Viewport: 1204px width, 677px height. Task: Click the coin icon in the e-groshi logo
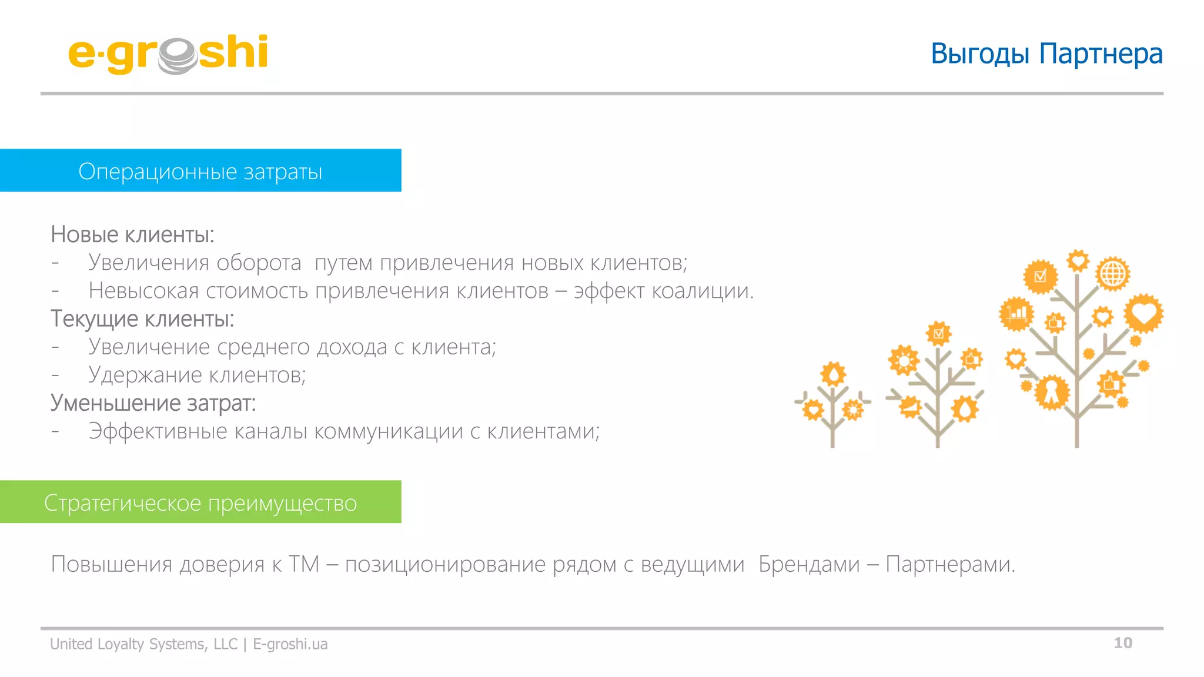pos(177,56)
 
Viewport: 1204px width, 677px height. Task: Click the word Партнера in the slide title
pos(1101,54)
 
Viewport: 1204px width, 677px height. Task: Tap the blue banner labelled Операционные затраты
pos(200,170)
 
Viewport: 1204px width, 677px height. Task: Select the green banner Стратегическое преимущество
pos(200,502)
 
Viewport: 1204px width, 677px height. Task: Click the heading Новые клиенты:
pos(132,234)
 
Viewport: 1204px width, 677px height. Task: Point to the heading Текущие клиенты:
pos(142,319)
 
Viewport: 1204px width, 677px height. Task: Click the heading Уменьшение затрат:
pos(153,403)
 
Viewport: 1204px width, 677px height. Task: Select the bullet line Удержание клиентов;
pos(197,375)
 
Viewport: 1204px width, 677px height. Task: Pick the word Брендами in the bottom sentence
pos(809,564)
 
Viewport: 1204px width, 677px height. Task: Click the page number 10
pos(1123,643)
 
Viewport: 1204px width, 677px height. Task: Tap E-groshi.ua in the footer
pos(290,644)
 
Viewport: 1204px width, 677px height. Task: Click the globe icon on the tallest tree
pos(1112,274)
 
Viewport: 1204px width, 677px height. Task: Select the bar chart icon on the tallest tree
pos(1016,313)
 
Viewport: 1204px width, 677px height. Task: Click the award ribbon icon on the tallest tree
pos(1052,392)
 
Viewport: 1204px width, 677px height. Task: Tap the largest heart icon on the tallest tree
pos(1143,313)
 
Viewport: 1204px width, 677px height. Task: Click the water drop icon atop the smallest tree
pos(833,374)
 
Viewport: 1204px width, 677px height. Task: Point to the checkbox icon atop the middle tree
pos(938,334)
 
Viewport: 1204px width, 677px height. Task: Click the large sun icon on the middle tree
pos(904,360)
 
